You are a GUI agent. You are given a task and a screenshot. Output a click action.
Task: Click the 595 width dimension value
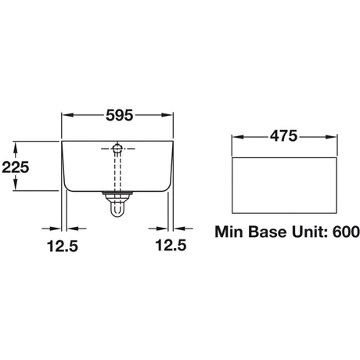117,115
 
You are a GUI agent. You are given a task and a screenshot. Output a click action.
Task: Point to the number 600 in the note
344,232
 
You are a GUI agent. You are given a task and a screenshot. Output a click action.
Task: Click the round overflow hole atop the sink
117,148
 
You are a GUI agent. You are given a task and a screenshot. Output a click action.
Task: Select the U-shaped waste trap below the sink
117,208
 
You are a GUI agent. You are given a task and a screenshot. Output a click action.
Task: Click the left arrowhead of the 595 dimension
67,115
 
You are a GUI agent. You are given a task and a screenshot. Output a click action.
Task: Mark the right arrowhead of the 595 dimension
167,115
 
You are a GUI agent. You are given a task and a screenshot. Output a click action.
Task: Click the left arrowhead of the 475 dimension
239,136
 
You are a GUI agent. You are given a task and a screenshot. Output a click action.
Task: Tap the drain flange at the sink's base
117,193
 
